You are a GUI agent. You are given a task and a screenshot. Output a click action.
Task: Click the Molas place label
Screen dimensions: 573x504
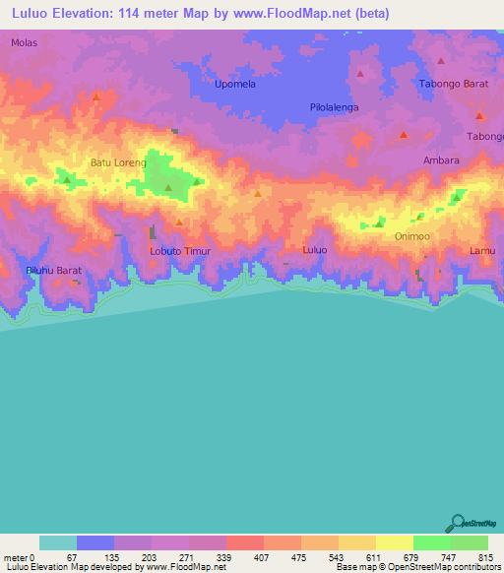24,43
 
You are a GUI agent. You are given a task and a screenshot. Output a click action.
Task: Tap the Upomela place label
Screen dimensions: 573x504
236,86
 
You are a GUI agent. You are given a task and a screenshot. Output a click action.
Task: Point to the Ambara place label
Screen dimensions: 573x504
441,159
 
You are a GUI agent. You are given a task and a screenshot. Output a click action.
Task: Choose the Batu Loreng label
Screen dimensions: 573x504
118,162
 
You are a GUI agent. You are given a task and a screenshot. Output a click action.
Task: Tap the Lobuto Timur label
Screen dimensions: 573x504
180,251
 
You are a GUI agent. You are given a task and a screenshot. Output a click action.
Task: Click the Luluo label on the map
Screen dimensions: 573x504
314,250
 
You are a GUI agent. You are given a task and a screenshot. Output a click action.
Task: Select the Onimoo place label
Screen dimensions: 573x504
412,237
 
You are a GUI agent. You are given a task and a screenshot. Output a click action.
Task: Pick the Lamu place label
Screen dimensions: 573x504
482,251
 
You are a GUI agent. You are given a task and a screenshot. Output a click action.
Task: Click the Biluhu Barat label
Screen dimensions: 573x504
53,270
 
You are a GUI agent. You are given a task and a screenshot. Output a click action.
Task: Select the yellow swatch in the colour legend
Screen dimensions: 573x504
394,542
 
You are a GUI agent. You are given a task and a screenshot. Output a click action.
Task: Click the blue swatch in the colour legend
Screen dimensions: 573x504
95,542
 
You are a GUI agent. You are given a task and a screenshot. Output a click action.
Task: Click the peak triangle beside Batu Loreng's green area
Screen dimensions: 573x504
168,187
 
